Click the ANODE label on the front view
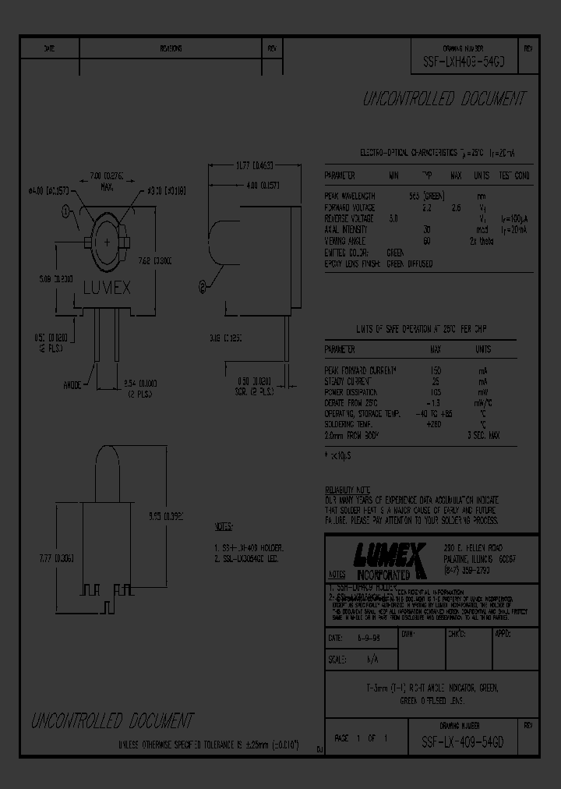point(75,384)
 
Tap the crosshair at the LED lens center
point(107,242)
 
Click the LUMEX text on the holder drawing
point(107,288)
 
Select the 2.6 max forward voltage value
point(457,207)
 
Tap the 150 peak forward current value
point(436,368)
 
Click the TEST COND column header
point(514,176)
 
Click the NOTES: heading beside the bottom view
point(224,527)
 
